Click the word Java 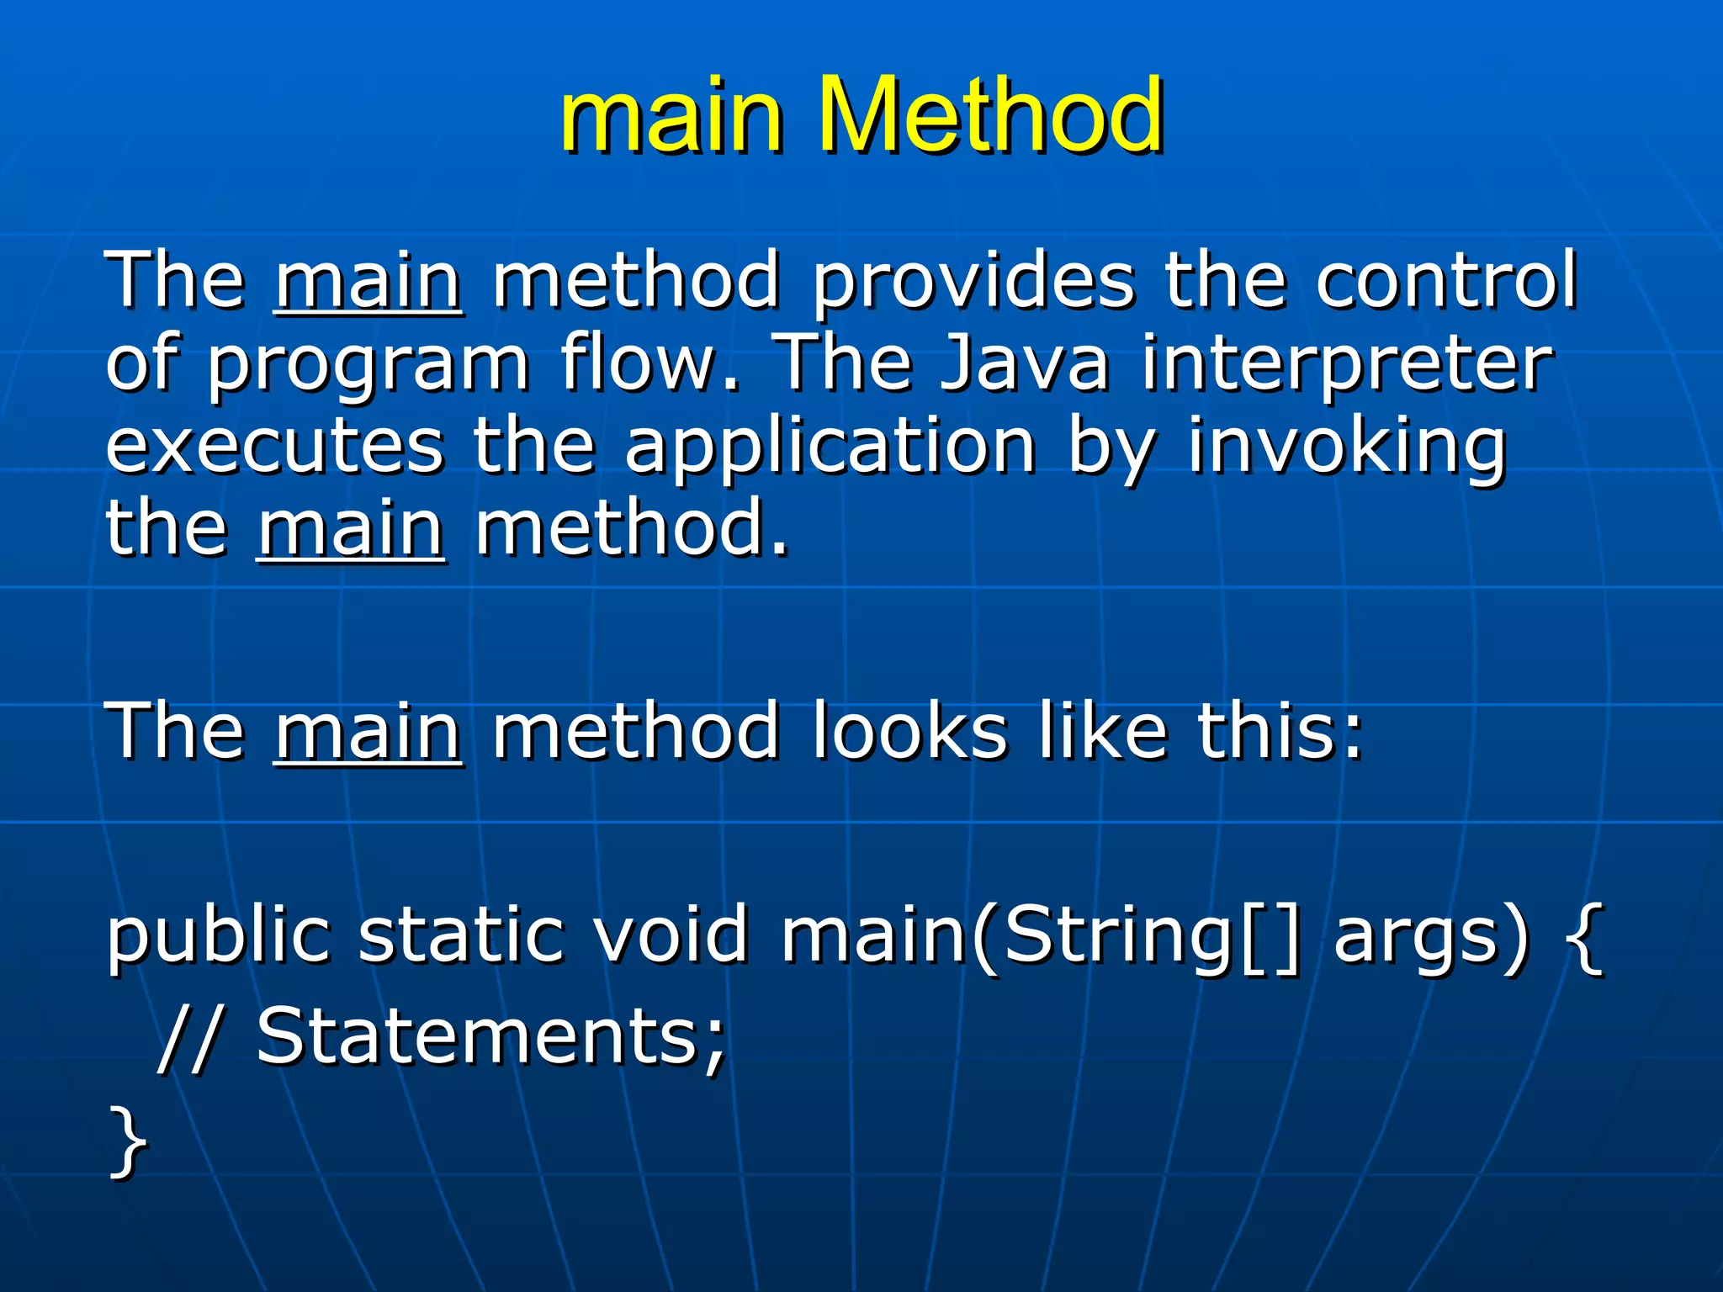(1025, 363)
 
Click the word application (830, 447)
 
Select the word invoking (1346, 447)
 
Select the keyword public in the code (218, 936)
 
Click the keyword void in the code (670, 935)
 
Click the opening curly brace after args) (1585, 936)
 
